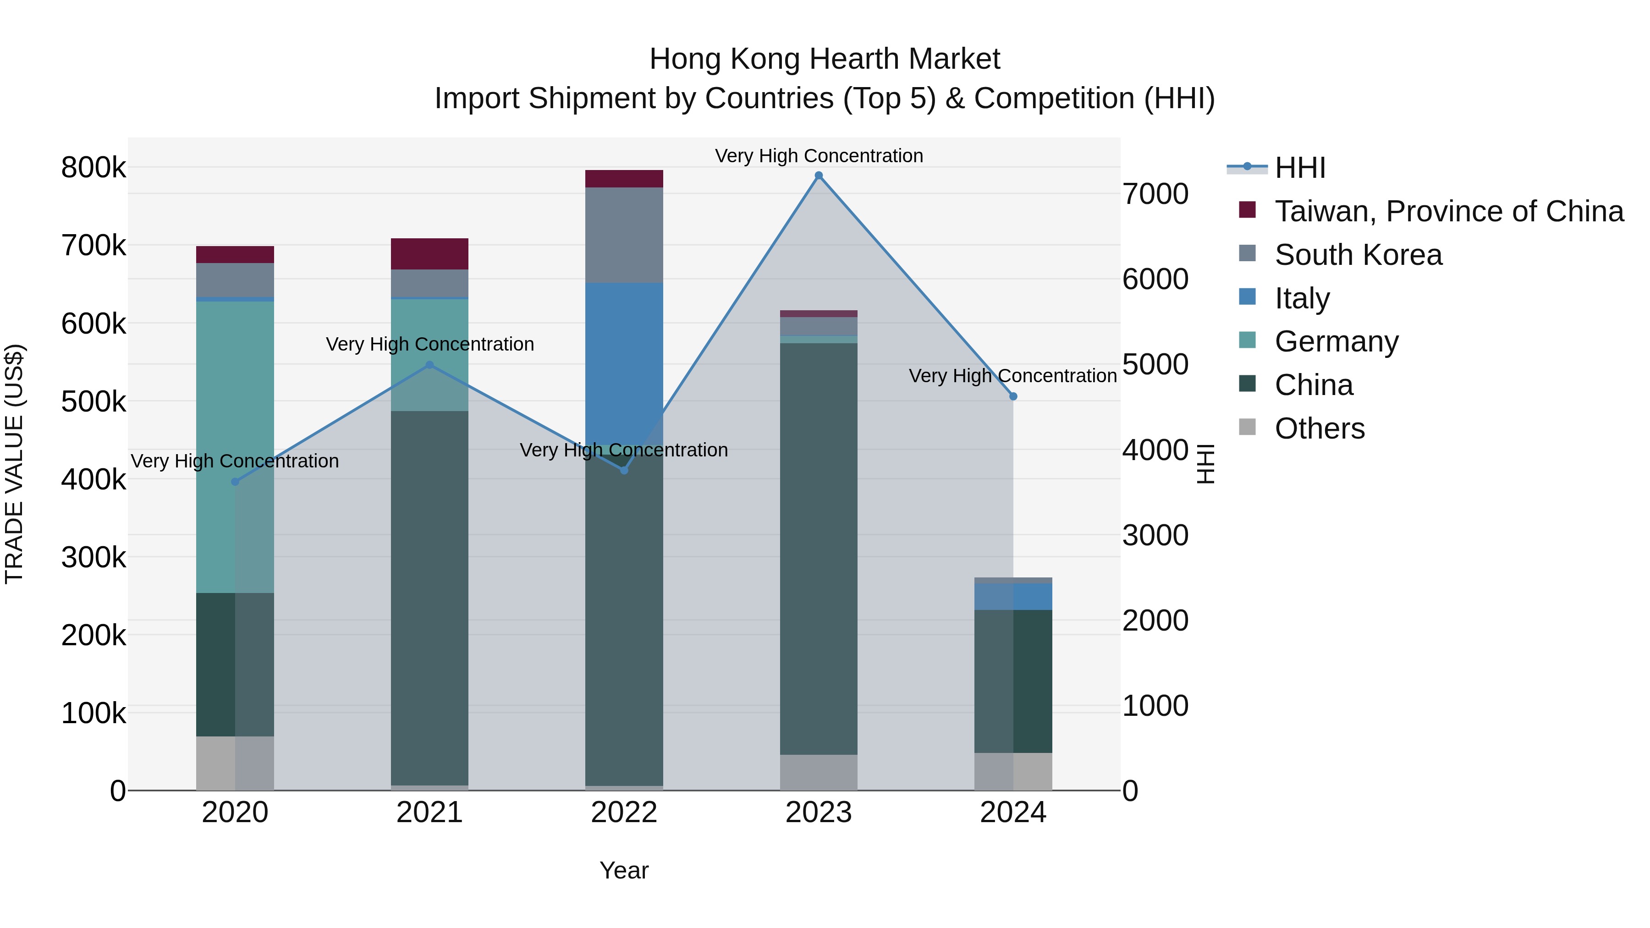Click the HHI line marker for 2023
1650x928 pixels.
[x=819, y=176]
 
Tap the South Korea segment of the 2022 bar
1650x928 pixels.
[x=624, y=234]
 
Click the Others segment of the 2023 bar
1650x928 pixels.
[x=819, y=772]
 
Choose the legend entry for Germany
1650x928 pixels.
[x=1336, y=341]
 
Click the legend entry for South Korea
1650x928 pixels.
[x=1358, y=255]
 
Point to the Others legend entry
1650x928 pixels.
[x=1320, y=428]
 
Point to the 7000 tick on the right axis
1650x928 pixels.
[x=1155, y=194]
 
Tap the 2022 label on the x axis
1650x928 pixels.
[x=624, y=813]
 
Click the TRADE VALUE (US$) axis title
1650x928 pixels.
[x=14, y=464]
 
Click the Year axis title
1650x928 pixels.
[x=624, y=870]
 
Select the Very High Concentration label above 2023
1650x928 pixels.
[x=819, y=156]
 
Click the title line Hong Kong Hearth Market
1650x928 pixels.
[x=825, y=59]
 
